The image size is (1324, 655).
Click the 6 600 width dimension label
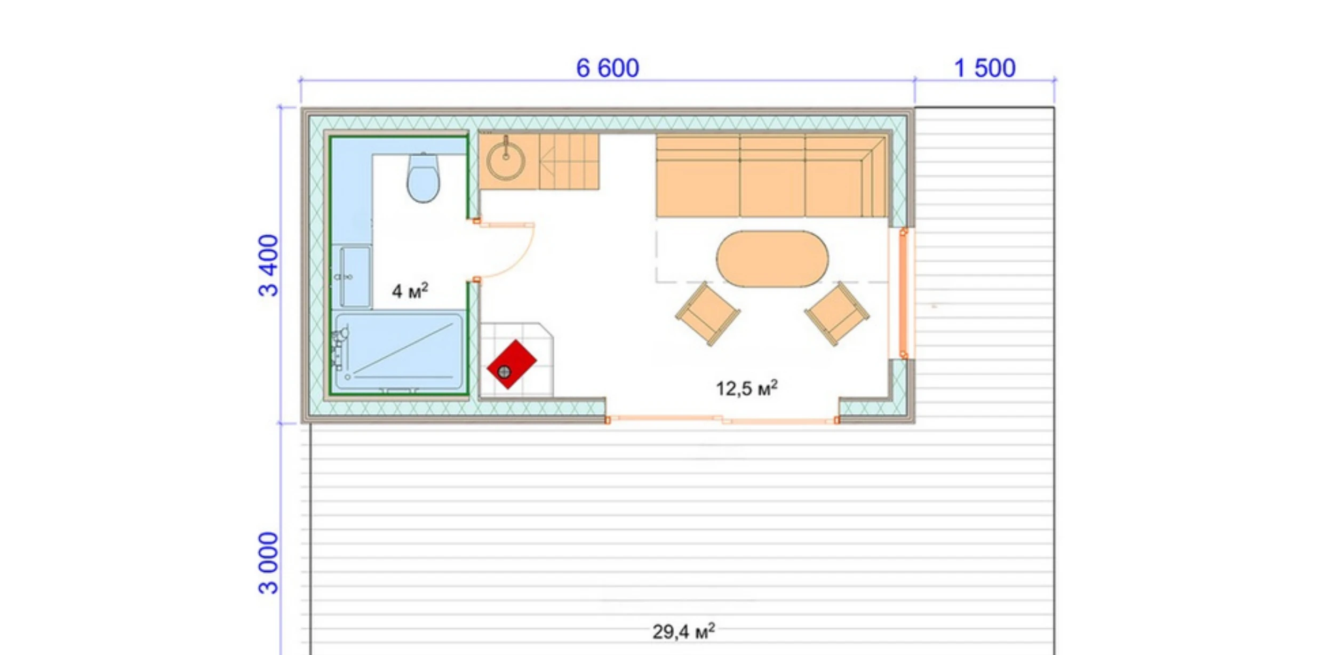pyautogui.click(x=607, y=68)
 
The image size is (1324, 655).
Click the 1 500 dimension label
pyautogui.click(x=984, y=68)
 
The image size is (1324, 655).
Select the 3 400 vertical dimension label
pyautogui.click(x=268, y=265)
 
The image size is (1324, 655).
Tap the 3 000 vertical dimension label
pyautogui.click(x=268, y=563)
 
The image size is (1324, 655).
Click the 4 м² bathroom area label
pyautogui.click(x=410, y=291)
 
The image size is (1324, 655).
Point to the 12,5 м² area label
pyautogui.click(x=746, y=388)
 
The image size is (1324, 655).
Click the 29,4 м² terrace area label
pyautogui.click(x=683, y=632)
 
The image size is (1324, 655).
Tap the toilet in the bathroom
pyautogui.click(x=423, y=178)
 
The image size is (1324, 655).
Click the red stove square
pyautogui.click(x=512, y=364)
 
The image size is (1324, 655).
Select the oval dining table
pyautogui.click(x=772, y=259)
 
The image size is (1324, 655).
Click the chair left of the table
pyautogui.click(x=707, y=314)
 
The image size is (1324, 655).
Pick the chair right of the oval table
pyautogui.click(x=836, y=314)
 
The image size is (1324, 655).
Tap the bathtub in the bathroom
pyautogui.click(x=399, y=352)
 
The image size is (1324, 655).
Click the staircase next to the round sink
pyautogui.click(x=569, y=162)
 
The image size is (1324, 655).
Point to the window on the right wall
pyautogui.click(x=903, y=293)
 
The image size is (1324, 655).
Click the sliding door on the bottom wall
pyautogui.click(x=722, y=420)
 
